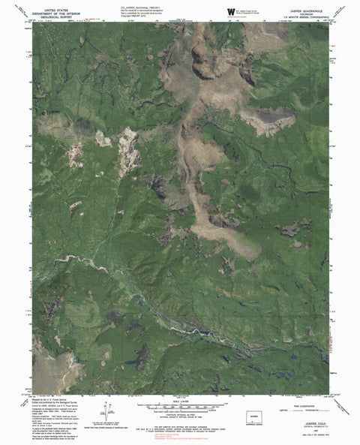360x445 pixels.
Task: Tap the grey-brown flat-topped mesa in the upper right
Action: coord(266,120)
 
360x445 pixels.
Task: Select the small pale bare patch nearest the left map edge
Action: coord(75,156)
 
